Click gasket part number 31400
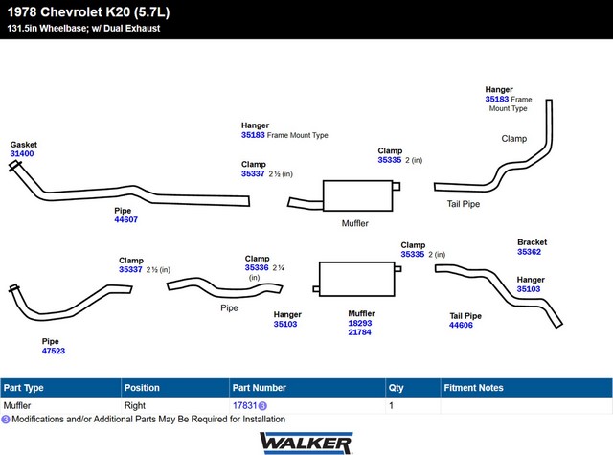[x=22, y=153]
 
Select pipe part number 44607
[x=125, y=219]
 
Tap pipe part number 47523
[x=54, y=351]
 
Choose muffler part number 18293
[x=360, y=323]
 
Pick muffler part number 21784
[x=360, y=332]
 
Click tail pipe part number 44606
[x=461, y=325]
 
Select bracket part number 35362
[x=530, y=252]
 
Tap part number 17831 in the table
[x=245, y=405]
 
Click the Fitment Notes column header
[x=473, y=388]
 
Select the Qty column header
[x=396, y=388]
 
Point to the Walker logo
[x=306, y=443]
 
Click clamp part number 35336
[x=257, y=268]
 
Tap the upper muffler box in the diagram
[x=357, y=195]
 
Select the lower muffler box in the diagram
[x=357, y=279]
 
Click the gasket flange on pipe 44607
[x=15, y=166]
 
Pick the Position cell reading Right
[x=135, y=405]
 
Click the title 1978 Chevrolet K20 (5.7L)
[x=89, y=12]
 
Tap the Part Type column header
[x=23, y=388]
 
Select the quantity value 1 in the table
[x=391, y=405]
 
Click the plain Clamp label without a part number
[x=514, y=138]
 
